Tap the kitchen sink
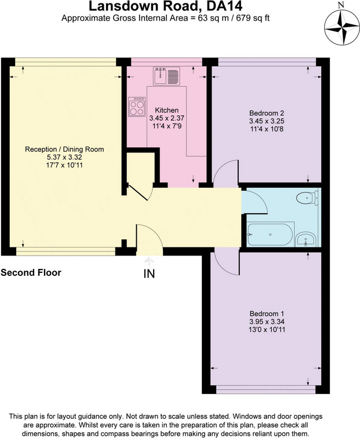pyautogui.click(x=166, y=76)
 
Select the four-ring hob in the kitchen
pyautogui.click(x=137, y=107)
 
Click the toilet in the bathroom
pyautogui.click(x=307, y=198)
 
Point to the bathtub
pyautogui.click(x=270, y=235)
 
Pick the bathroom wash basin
pyautogui.click(x=307, y=240)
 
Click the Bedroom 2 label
pyautogui.click(x=267, y=113)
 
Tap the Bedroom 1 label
pyautogui.click(x=267, y=314)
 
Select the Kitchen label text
pyautogui.click(x=167, y=110)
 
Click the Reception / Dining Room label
pyautogui.click(x=64, y=150)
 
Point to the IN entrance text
pyautogui.click(x=149, y=274)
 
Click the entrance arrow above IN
pyautogui.click(x=149, y=261)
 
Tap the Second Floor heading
pyautogui.click(x=31, y=272)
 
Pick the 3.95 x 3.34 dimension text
pyautogui.click(x=267, y=322)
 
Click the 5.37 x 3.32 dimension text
pyautogui.click(x=64, y=157)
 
